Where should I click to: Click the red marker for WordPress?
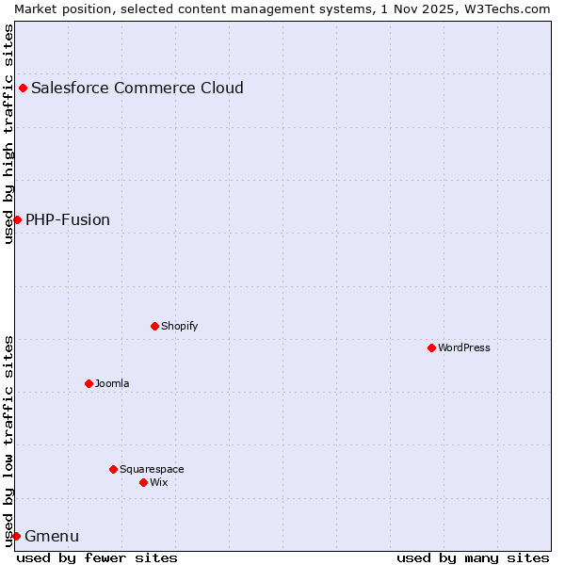coord(431,347)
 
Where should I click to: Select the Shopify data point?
coord(154,326)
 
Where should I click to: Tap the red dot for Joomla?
coord(89,383)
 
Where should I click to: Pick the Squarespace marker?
coord(113,469)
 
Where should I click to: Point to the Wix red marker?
coord(143,482)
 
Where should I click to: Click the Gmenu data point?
coord(16,536)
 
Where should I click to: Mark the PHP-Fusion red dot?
coord(17,219)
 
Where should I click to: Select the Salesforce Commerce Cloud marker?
coord(23,88)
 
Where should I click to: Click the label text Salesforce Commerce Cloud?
coord(137,89)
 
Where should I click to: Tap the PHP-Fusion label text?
coord(68,220)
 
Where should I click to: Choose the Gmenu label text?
coord(52,537)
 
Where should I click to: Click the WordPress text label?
coord(464,347)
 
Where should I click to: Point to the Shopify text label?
coord(179,326)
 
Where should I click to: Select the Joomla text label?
coord(112,383)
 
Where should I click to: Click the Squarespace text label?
coord(152,469)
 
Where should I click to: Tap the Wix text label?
coord(159,482)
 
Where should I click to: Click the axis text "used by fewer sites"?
coord(97,557)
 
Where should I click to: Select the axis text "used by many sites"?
coord(473,557)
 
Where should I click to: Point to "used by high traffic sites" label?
coord(8,134)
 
